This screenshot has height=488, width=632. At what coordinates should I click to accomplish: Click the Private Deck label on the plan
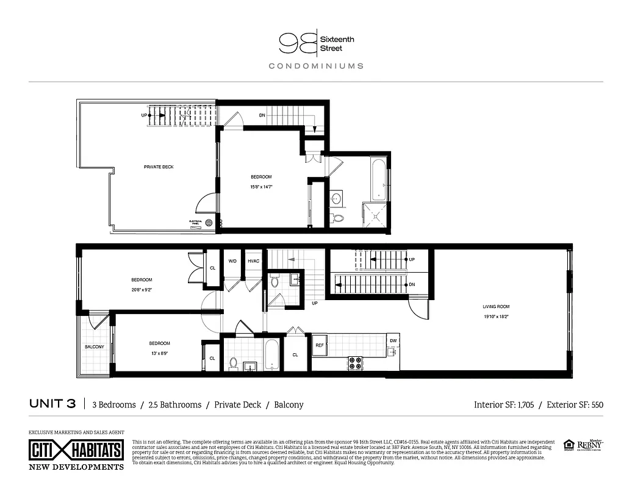pos(159,167)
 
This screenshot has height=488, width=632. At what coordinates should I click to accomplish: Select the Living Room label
pos(497,307)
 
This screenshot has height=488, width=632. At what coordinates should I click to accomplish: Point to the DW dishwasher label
pos(393,340)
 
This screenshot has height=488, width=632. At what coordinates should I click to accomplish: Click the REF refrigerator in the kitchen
pos(320,345)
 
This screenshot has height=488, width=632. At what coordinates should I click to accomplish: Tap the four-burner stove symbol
pos(355,363)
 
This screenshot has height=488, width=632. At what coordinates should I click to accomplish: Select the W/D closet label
pos(232,261)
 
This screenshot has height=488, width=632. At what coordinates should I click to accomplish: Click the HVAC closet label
pos(254,261)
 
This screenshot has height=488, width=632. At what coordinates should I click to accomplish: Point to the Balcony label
pos(94,347)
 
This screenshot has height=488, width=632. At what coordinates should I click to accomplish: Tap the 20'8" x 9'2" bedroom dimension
pos(141,290)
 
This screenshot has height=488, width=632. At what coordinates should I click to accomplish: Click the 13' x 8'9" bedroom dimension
pos(159,353)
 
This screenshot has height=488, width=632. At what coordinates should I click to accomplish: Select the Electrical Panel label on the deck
pos(196,223)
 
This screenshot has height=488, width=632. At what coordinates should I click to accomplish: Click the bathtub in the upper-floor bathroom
pos(378,178)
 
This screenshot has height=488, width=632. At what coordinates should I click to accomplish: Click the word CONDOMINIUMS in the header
pos(316,66)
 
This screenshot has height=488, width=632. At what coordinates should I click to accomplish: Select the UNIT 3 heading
pos(52,404)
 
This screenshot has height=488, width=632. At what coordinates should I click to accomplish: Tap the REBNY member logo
pos(590,447)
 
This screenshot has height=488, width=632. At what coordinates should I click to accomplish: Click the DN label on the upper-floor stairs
pos(262,115)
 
